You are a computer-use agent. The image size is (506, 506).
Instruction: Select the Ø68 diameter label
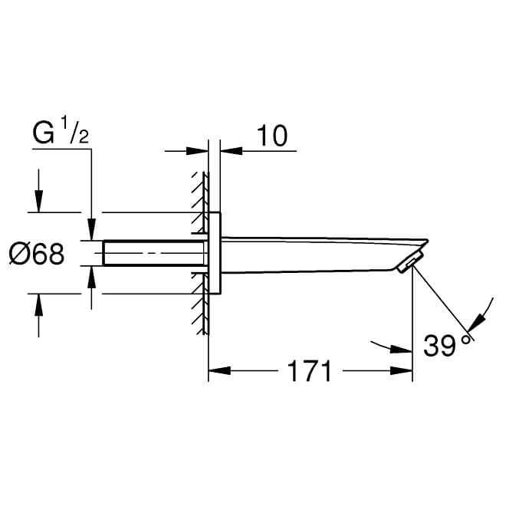37,254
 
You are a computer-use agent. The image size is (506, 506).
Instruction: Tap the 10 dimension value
271,136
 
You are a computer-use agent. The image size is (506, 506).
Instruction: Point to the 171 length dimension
309,371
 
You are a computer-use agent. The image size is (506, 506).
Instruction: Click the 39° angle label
447,345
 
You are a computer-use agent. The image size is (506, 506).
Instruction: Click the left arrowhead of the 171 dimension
219,371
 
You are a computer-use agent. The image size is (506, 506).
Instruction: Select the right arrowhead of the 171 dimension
401,371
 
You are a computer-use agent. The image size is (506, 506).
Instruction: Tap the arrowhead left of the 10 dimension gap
198,151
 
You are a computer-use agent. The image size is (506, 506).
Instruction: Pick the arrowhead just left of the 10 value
232,151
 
